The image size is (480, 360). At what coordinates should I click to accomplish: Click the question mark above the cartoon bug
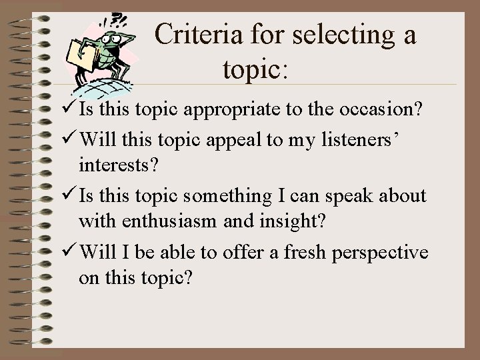click(x=119, y=19)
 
